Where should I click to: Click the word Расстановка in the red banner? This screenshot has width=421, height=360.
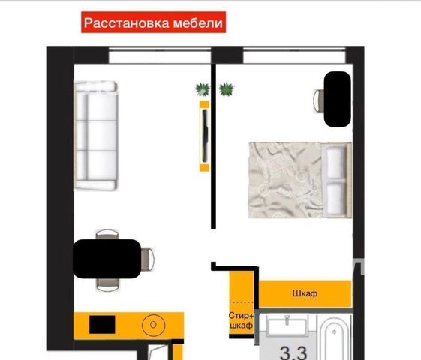click(x=127, y=23)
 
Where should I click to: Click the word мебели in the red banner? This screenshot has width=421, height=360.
click(x=198, y=22)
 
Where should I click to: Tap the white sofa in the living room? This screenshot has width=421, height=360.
click(x=96, y=136)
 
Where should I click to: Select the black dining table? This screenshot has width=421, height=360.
click(x=107, y=259)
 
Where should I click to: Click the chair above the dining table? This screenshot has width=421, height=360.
click(x=107, y=234)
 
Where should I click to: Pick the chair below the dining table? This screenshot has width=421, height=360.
click(x=107, y=284)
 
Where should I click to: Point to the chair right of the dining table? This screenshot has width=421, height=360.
click(x=147, y=259)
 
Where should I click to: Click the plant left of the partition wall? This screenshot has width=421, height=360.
click(x=202, y=89)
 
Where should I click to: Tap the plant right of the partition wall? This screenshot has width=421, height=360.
click(x=227, y=89)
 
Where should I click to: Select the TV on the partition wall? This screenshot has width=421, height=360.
click(x=205, y=136)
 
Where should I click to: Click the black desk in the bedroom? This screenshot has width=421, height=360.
click(x=338, y=99)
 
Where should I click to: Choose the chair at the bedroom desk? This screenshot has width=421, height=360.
click(x=319, y=100)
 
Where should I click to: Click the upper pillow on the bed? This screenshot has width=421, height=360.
click(x=335, y=163)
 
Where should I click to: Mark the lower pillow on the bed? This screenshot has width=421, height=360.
click(x=335, y=198)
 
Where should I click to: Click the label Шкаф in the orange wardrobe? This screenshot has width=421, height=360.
click(x=305, y=293)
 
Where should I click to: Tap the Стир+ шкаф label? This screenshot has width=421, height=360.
click(x=241, y=320)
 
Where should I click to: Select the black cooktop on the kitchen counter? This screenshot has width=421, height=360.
click(x=102, y=324)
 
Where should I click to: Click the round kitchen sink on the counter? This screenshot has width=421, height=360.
click(x=153, y=325)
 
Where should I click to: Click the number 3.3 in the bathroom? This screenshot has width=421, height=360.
click(x=293, y=352)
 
